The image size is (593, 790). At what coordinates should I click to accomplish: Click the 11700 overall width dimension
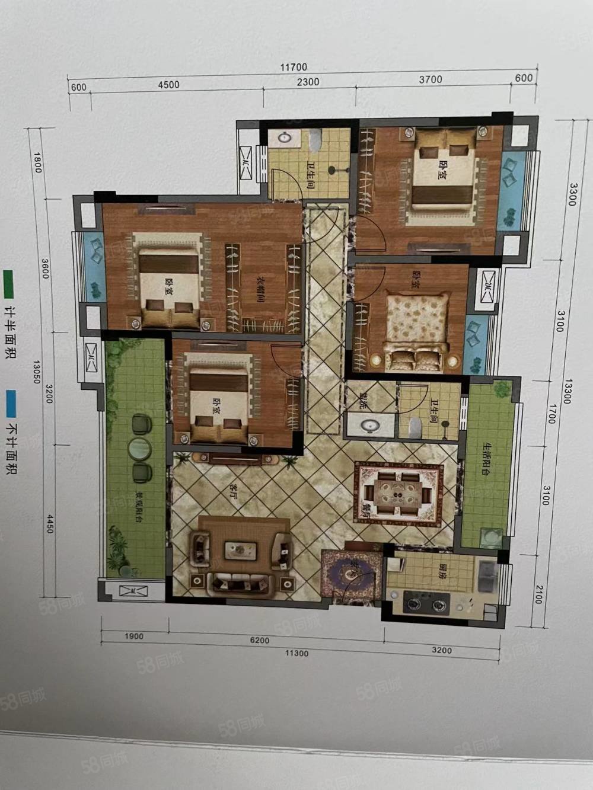294,68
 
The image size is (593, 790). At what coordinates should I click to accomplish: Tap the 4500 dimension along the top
168,85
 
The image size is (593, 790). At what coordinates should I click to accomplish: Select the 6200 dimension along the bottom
259,640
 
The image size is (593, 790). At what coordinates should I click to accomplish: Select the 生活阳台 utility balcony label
486,458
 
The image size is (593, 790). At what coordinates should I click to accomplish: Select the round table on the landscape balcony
141,448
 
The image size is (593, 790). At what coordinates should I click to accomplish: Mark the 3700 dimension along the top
431,79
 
